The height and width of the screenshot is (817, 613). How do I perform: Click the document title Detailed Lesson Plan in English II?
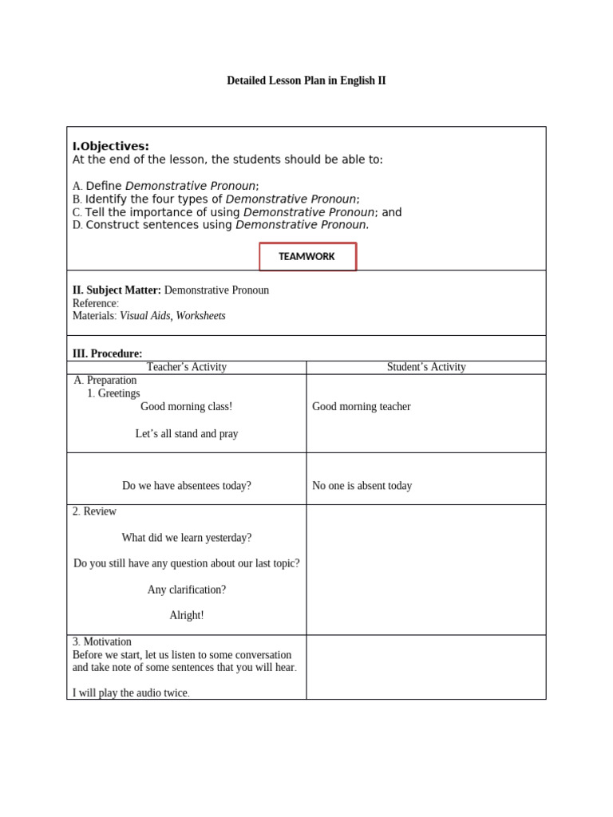coord(306,81)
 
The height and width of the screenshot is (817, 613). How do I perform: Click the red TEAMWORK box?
coord(307,257)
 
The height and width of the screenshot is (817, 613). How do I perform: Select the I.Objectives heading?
coord(111,146)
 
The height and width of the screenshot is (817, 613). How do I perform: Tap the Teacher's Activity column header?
coord(187,367)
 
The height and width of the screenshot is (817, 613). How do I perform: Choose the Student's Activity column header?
coord(426,367)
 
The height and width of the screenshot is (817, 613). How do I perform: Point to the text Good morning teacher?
coord(361,407)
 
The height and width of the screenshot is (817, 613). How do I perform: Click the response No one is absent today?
coord(362,486)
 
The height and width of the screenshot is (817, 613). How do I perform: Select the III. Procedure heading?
coord(107,353)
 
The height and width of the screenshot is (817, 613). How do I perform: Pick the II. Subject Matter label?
coord(117,290)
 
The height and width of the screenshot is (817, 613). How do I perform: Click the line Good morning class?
coord(187,407)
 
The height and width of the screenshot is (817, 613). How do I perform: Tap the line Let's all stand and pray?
coord(187,434)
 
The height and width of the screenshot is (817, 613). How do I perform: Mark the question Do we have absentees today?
coord(187,486)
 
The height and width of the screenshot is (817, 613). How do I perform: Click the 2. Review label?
coord(94,511)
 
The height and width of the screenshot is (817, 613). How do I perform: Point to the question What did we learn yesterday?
coord(187,538)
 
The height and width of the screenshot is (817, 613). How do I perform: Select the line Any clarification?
coord(187,590)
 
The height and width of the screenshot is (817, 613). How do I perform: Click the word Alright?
coord(187,615)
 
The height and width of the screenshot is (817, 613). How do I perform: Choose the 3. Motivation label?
coord(102,641)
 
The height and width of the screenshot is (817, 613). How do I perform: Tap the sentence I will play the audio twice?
coord(131,693)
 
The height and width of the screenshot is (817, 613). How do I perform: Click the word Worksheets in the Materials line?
coord(200,316)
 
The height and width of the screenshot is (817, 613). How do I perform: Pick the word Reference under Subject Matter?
coord(95,303)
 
